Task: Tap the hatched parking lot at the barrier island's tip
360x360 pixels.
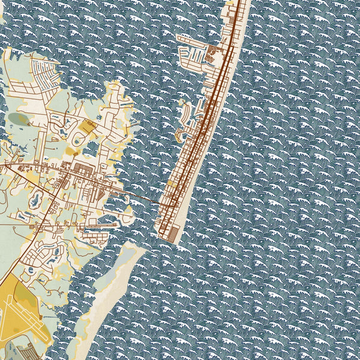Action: [171, 234]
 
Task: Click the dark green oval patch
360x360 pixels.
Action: [18, 118]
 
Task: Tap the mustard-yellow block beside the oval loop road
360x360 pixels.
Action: [88, 127]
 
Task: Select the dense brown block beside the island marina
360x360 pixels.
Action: [214, 53]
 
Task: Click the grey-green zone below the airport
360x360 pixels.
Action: [24, 348]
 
